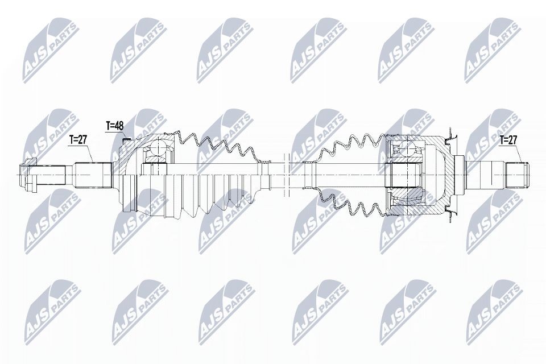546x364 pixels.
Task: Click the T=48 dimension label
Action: [x=115, y=125]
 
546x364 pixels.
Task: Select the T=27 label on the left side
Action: [x=78, y=139]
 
